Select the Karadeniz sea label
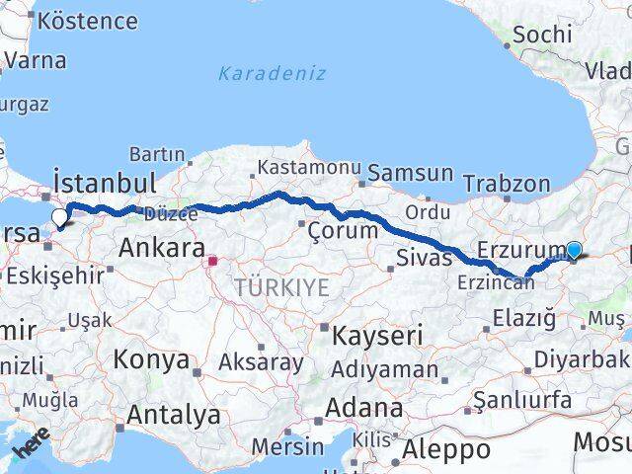[272, 73]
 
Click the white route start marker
[59, 218]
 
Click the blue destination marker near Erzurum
[574, 251]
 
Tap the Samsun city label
[406, 174]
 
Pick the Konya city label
[151, 358]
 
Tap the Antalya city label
[173, 416]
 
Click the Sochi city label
[542, 34]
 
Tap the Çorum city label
[343, 231]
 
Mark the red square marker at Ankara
[211, 262]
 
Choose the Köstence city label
[87, 21]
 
